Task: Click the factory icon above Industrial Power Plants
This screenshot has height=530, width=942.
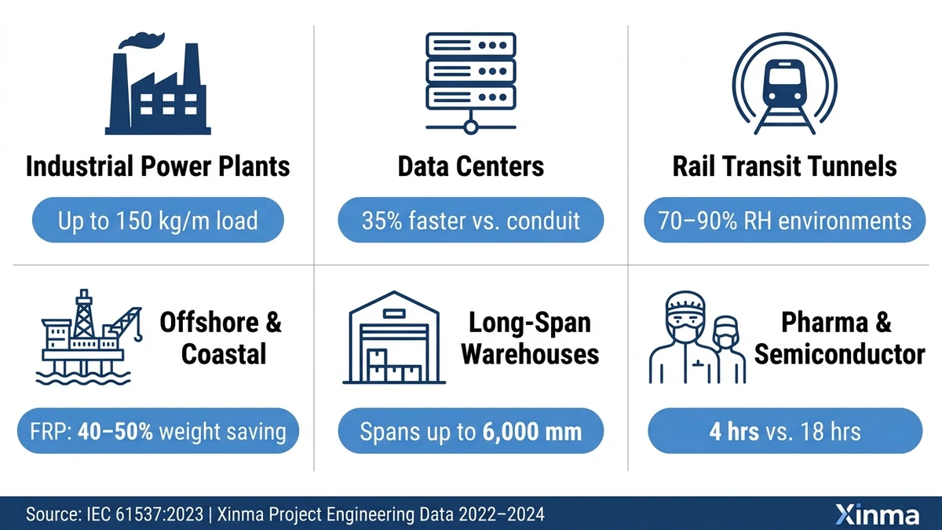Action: pyautogui.click(x=157, y=86)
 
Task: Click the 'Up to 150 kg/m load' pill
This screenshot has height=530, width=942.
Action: pyautogui.click(x=157, y=221)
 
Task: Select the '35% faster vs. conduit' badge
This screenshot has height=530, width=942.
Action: pyautogui.click(x=470, y=221)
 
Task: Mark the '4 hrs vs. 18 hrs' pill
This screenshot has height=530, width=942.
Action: pyautogui.click(x=784, y=431)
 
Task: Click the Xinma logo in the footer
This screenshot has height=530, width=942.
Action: pyautogui.click(x=877, y=515)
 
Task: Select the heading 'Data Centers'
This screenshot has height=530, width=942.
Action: pyautogui.click(x=470, y=166)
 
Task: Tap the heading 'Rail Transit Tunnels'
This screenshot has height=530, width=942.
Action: pyautogui.click(x=784, y=166)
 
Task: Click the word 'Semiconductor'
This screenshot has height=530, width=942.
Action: pyautogui.click(x=839, y=354)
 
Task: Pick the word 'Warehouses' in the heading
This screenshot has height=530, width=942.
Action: pyautogui.click(x=530, y=354)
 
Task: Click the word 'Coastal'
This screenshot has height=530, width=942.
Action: pyautogui.click(x=224, y=354)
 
